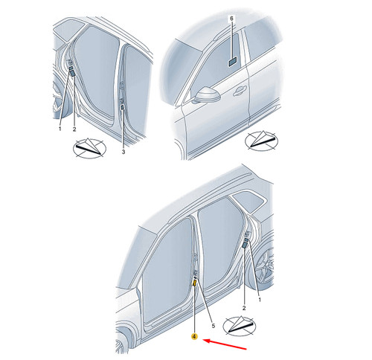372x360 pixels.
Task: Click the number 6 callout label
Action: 231,19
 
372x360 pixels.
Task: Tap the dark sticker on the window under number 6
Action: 232,62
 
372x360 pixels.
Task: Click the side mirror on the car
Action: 207,94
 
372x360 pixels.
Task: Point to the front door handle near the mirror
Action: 240,91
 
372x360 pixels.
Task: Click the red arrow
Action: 225,344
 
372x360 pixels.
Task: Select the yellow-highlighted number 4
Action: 195,336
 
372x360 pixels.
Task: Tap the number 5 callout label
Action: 213,326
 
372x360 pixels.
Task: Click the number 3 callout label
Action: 124,152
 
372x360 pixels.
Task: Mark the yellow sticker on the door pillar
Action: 195,283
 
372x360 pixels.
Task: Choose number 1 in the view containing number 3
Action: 60,129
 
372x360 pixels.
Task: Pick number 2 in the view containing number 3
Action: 74,129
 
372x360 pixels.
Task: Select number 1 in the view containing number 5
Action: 260,300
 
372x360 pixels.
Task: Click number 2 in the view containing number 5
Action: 244,308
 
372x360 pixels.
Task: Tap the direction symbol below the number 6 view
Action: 261,141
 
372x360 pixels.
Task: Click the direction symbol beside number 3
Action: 89,148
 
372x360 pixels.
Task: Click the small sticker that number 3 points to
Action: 122,107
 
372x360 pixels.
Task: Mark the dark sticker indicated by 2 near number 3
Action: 73,73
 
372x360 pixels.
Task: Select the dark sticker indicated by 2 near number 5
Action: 244,245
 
